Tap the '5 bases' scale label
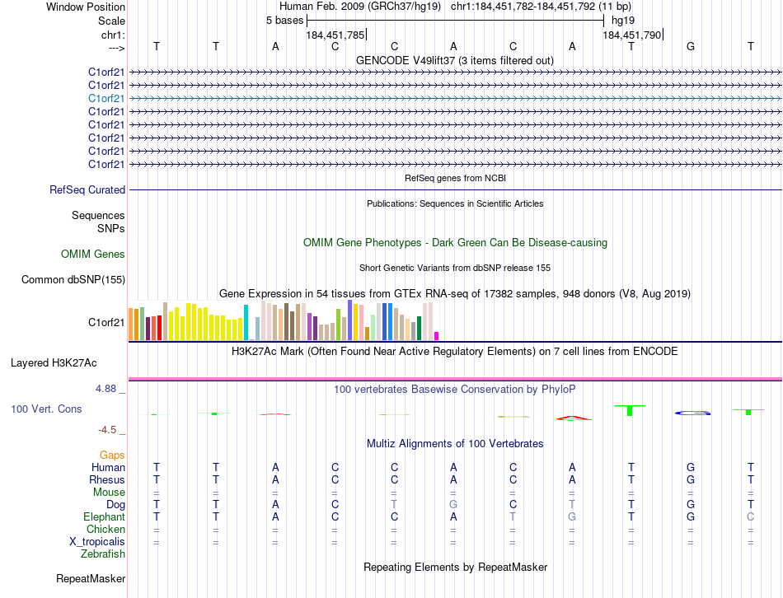pos(284,21)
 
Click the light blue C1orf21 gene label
pos(106,98)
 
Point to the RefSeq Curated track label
pos(87,190)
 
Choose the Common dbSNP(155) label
pos(73,280)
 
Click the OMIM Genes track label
pos(93,255)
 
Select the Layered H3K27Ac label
pos(54,362)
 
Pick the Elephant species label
pos(104,516)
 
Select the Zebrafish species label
pos(103,554)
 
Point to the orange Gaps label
pos(112,455)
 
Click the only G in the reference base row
pos(691,46)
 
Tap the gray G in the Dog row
pos(453,504)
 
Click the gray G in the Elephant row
pos(572,516)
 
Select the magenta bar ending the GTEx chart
pos(437,335)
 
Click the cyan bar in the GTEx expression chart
pos(246,322)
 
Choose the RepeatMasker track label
pos(91,579)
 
